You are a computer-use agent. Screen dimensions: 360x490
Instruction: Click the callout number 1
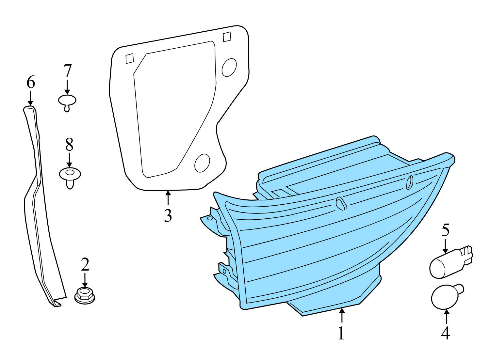[341, 333]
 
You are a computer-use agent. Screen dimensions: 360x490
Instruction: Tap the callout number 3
[168, 215]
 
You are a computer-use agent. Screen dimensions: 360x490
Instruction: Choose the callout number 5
[446, 230]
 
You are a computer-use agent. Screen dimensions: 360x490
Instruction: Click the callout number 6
[30, 82]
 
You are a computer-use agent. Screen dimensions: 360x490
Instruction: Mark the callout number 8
[69, 145]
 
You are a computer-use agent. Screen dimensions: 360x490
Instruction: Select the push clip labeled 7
[67, 102]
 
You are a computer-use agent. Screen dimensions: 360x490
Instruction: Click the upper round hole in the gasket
[229, 68]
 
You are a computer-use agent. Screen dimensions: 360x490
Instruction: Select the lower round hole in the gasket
[202, 163]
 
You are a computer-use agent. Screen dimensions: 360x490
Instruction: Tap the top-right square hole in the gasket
[227, 37]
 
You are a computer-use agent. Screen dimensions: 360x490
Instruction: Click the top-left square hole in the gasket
[130, 58]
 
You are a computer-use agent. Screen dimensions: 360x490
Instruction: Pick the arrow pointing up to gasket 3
[168, 197]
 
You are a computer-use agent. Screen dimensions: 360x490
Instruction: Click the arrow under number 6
[30, 98]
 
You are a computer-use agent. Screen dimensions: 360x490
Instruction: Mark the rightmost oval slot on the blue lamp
[410, 182]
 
